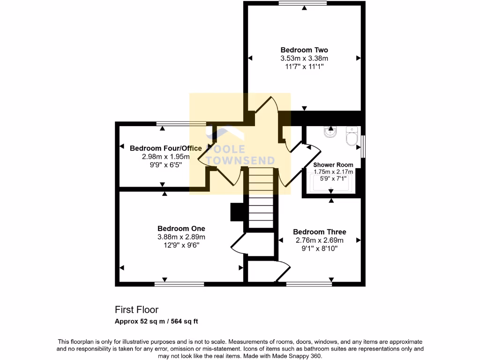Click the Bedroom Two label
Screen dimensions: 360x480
pyautogui.click(x=304, y=50)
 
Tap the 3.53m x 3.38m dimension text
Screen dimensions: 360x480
pyautogui.click(x=304, y=58)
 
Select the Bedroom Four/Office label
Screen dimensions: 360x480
pyautogui.click(x=165, y=148)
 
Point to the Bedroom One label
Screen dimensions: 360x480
pyautogui.click(x=181, y=229)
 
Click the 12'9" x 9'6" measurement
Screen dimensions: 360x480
pyautogui.click(x=181, y=245)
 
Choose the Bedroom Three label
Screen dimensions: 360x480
pyautogui.click(x=319, y=232)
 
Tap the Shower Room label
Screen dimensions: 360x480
pyautogui.click(x=333, y=165)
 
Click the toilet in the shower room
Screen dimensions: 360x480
pyautogui.click(x=351, y=136)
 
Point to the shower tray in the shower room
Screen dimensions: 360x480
pyautogui.click(x=331, y=184)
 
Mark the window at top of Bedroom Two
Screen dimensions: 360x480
pyautogui.click(x=302, y=4)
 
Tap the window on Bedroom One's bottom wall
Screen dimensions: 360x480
pyautogui.click(x=179, y=284)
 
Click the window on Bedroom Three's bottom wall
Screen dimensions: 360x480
pyautogui.click(x=309, y=284)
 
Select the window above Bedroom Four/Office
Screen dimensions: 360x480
pyautogui.click(x=181, y=124)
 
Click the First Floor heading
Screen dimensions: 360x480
pyautogui.click(x=136, y=310)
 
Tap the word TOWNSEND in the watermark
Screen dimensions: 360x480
pyautogui.click(x=241, y=160)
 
